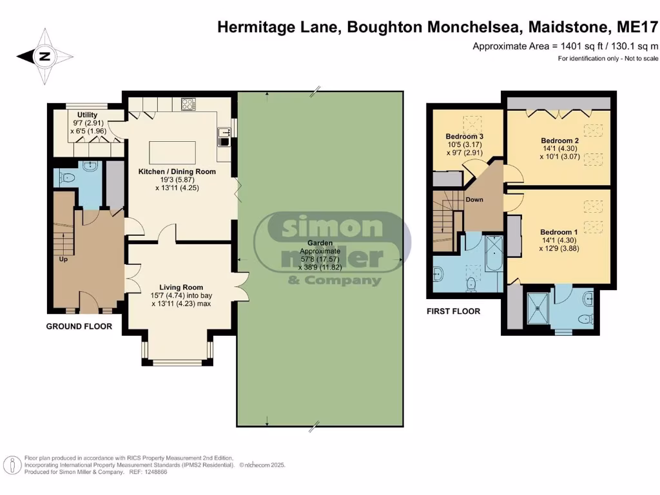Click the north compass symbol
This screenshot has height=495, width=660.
click(x=44, y=57)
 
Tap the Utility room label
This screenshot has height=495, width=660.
click(x=87, y=115)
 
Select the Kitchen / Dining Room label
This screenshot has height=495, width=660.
click(x=177, y=172)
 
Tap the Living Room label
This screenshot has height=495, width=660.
click(x=181, y=287)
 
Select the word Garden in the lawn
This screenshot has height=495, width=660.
click(x=319, y=243)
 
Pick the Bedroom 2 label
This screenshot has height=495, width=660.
click(x=559, y=141)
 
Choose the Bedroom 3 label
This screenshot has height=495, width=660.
click(x=464, y=137)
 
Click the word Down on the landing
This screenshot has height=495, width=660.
click(x=474, y=200)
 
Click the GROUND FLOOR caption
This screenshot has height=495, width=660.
click(x=79, y=326)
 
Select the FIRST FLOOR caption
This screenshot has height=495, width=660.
click(x=454, y=311)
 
